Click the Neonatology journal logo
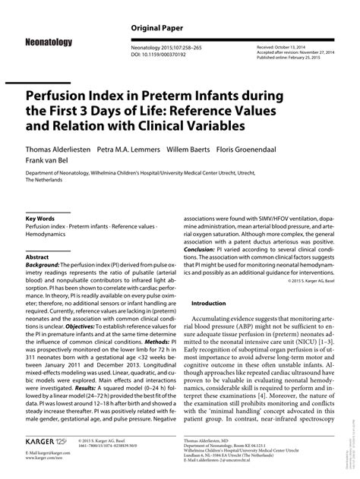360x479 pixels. (x=49, y=43)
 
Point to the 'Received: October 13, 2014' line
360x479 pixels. (x=285, y=46)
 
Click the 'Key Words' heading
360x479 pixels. (x=42, y=218)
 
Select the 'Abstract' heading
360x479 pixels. (x=38, y=258)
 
